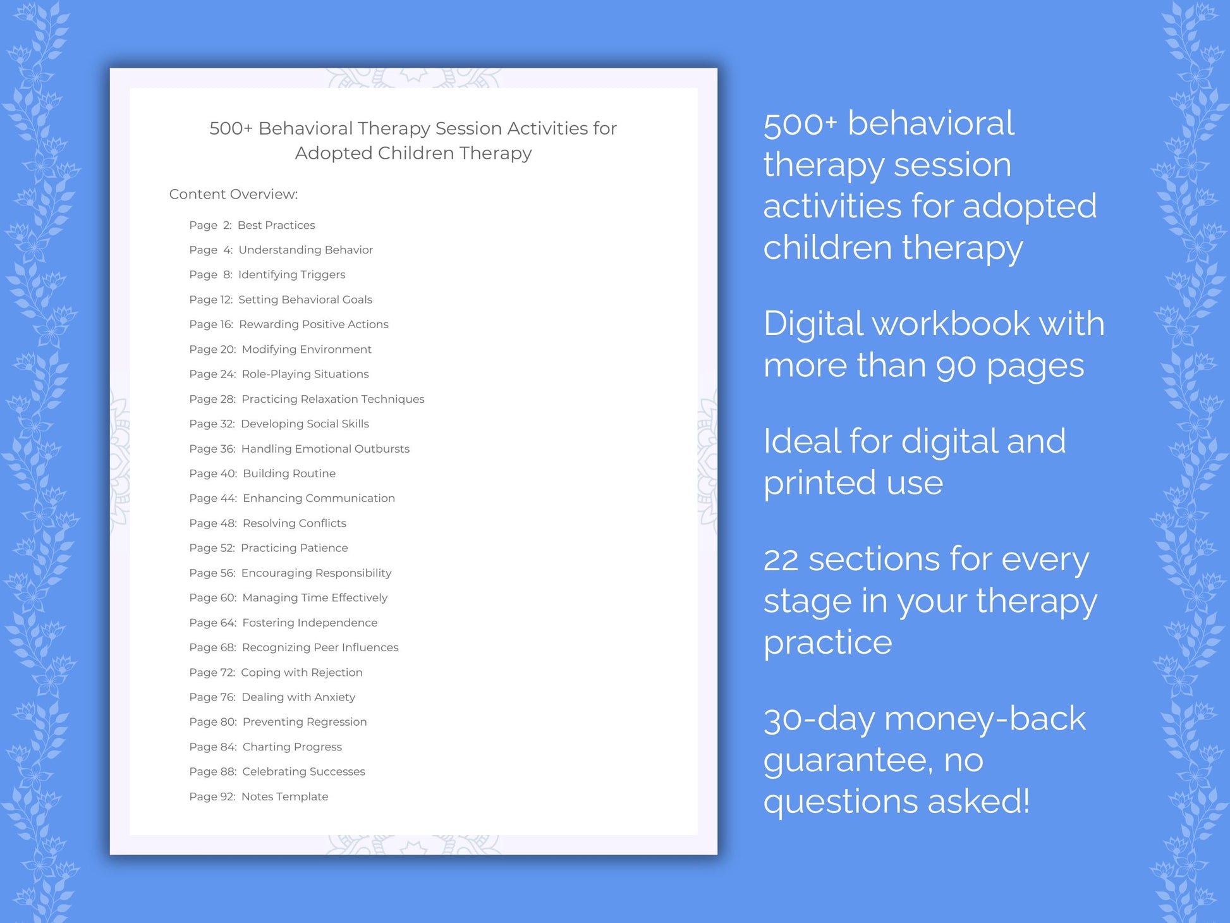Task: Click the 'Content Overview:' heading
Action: point(233,194)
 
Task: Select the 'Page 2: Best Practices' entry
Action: point(252,225)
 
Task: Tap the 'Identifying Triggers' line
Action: point(291,274)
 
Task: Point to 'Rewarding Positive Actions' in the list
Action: point(314,324)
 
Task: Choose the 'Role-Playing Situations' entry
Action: point(305,374)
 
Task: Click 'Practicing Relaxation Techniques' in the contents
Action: point(332,399)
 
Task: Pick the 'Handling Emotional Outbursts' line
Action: point(325,449)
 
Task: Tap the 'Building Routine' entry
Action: point(289,474)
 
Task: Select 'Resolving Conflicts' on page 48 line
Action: point(294,523)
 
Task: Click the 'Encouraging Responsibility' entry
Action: point(316,573)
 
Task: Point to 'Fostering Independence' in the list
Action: point(310,623)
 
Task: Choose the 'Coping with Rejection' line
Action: point(301,673)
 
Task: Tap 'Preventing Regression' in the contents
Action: point(304,722)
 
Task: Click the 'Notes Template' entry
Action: point(284,797)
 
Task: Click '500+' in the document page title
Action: point(231,128)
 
